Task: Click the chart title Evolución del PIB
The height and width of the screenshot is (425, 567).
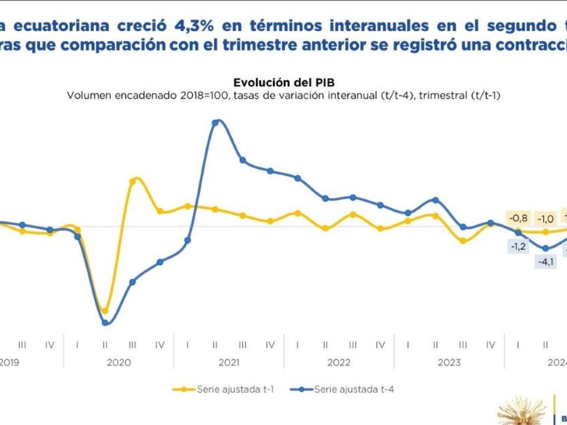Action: pyautogui.click(x=284, y=83)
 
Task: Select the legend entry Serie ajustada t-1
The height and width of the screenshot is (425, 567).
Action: pyautogui.click(x=235, y=390)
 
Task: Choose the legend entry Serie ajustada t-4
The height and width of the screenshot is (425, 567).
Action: pyautogui.click(x=354, y=390)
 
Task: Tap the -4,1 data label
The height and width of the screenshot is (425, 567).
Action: pyautogui.click(x=545, y=262)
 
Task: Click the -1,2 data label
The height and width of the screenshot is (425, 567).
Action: pyautogui.click(x=518, y=247)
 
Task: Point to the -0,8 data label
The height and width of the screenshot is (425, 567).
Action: pyautogui.click(x=518, y=218)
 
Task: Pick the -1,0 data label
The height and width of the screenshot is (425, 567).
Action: pyautogui.click(x=545, y=219)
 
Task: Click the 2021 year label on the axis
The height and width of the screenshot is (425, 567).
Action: pyautogui.click(x=229, y=363)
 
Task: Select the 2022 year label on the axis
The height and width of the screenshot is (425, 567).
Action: pyautogui.click(x=339, y=363)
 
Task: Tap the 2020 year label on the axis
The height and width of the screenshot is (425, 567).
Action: pyautogui.click(x=119, y=363)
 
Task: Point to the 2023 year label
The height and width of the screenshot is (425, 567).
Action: pyautogui.click(x=449, y=363)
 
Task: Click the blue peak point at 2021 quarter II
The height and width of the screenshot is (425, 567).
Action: pyautogui.click(x=215, y=123)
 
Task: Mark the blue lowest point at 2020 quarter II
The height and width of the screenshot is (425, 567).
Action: pyautogui.click(x=105, y=323)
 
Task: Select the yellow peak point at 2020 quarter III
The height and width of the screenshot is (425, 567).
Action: pyautogui.click(x=132, y=181)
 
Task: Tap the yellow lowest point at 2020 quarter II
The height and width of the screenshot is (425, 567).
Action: pyautogui.click(x=105, y=311)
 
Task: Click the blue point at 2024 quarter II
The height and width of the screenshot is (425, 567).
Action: pyautogui.click(x=546, y=248)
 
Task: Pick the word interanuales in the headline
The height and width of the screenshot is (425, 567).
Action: pyautogui.click(x=379, y=26)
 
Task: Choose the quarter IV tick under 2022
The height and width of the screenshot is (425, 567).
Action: pyautogui.click(x=380, y=345)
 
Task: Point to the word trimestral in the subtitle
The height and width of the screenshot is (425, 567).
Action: pyautogui.click(x=443, y=95)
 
